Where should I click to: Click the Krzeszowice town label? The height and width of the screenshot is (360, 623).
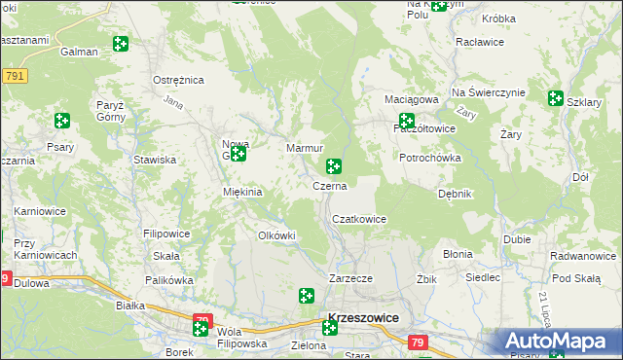365,317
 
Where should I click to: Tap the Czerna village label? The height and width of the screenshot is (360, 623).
329,184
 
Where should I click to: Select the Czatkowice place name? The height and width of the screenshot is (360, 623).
360,219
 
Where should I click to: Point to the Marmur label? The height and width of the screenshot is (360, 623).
304,148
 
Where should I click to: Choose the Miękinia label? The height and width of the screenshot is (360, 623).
243,192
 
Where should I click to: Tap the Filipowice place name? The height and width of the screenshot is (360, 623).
166,234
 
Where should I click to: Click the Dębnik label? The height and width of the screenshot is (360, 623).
455,194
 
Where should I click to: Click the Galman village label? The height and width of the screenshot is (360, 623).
79,52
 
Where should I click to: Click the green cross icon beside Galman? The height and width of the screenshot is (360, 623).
120,44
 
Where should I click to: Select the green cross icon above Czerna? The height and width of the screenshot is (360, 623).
334,166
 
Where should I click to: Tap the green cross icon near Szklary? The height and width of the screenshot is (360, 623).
555,98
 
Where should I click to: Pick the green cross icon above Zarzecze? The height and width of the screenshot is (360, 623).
306,295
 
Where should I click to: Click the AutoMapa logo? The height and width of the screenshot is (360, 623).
560,342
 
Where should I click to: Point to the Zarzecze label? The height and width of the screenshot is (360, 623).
351,278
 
